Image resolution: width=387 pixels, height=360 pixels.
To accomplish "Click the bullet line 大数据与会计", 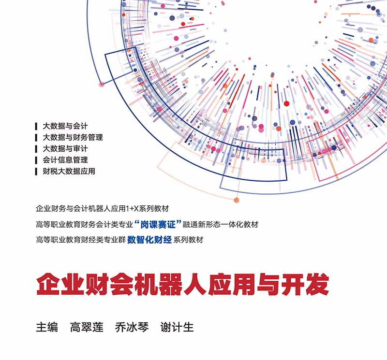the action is click(x=65, y=126).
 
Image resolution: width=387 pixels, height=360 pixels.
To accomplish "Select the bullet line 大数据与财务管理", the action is click(x=73, y=138).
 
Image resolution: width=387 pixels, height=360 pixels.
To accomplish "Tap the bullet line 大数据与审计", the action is click(x=65, y=149).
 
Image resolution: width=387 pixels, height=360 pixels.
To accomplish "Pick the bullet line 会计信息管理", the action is click(x=65, y=160).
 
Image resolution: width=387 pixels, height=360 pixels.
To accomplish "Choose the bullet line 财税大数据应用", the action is click(x=69, y=172).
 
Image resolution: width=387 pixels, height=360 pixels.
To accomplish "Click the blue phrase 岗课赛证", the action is click(x=158, y=224).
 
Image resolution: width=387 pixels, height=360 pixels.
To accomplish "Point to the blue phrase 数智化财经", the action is click(x=149, y=240).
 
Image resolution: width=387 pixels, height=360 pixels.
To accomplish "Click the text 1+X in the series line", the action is click(x=132, y=209).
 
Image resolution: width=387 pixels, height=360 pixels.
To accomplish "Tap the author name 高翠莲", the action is click(x=87, y=327).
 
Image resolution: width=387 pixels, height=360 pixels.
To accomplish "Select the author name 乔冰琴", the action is click(x=132, y=327).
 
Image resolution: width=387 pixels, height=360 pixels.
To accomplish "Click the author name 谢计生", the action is click(x=177, y=327).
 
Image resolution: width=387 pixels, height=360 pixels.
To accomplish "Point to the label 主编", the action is click(x=47, y=327).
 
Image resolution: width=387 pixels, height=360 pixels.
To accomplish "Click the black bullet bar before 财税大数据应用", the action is click(x=36, y=172).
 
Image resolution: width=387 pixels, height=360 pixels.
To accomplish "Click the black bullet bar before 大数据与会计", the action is click(x=36, y=127).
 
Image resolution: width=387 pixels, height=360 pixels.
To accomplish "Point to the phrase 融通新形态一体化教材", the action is click(x=221, y=224).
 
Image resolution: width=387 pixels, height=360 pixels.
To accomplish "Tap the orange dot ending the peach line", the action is click(x=237, y=200).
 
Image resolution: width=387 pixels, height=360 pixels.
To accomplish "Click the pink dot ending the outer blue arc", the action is click(x=102, y=85).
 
